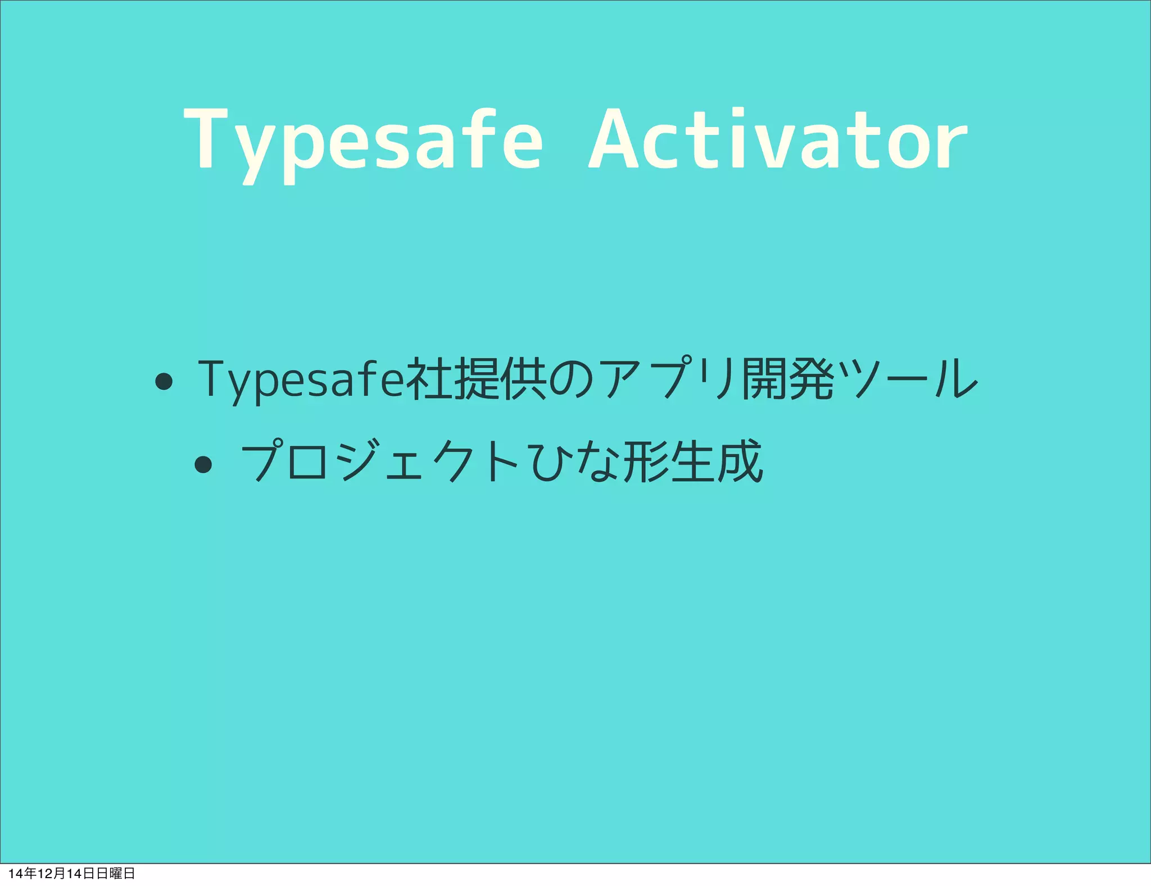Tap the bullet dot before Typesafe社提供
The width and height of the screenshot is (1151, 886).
[164, 382]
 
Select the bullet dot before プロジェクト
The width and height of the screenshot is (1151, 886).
[203, 464]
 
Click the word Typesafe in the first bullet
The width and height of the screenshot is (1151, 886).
[301, 379]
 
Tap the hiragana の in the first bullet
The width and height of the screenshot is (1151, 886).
[570, 379]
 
